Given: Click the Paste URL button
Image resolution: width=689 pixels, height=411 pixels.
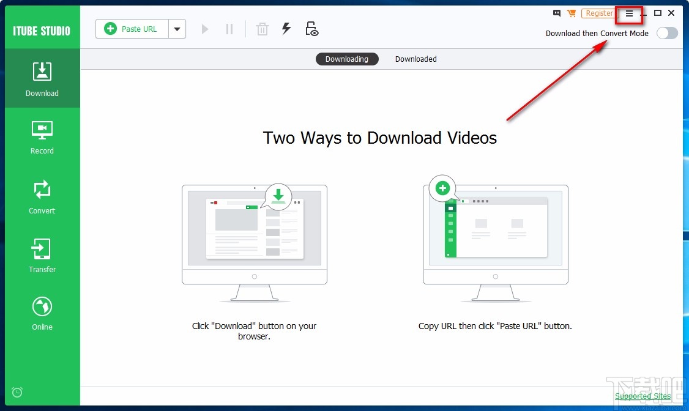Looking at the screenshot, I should pos(132,29).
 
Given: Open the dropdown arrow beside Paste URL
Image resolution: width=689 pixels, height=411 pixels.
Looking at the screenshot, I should pos(177,29).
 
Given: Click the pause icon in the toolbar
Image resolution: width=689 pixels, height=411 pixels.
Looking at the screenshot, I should pos(229,29).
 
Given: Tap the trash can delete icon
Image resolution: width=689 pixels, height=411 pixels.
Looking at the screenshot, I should pos(263,29).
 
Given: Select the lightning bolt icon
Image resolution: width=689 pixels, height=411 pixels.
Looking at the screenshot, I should pos(286,29).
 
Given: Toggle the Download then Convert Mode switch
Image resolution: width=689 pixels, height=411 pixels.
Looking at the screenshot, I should pos(667,33).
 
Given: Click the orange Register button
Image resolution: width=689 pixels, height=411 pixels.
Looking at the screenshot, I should pos(599,13).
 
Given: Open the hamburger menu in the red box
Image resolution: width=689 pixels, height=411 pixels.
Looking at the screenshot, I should pos(629,13).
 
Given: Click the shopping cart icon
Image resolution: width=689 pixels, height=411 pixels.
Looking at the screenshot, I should pos(572,13).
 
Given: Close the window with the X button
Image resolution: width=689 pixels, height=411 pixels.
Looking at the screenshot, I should pos(671,13).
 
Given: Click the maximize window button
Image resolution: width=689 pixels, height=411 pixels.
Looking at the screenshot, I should pos(658,13).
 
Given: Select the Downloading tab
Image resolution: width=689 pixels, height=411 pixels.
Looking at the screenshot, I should pos(347,59).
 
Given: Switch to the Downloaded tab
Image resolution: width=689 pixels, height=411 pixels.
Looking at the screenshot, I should pos(416,59).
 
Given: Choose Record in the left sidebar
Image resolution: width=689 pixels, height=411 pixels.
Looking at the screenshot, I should pos(42,137).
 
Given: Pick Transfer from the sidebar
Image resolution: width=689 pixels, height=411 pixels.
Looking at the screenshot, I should pos(42,256).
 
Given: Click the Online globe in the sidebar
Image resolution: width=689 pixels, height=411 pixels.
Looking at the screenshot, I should pos(42,313).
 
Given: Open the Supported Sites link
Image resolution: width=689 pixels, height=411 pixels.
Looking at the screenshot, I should pos(642,396).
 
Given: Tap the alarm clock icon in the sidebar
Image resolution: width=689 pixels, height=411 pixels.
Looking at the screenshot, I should pos(17,392).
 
